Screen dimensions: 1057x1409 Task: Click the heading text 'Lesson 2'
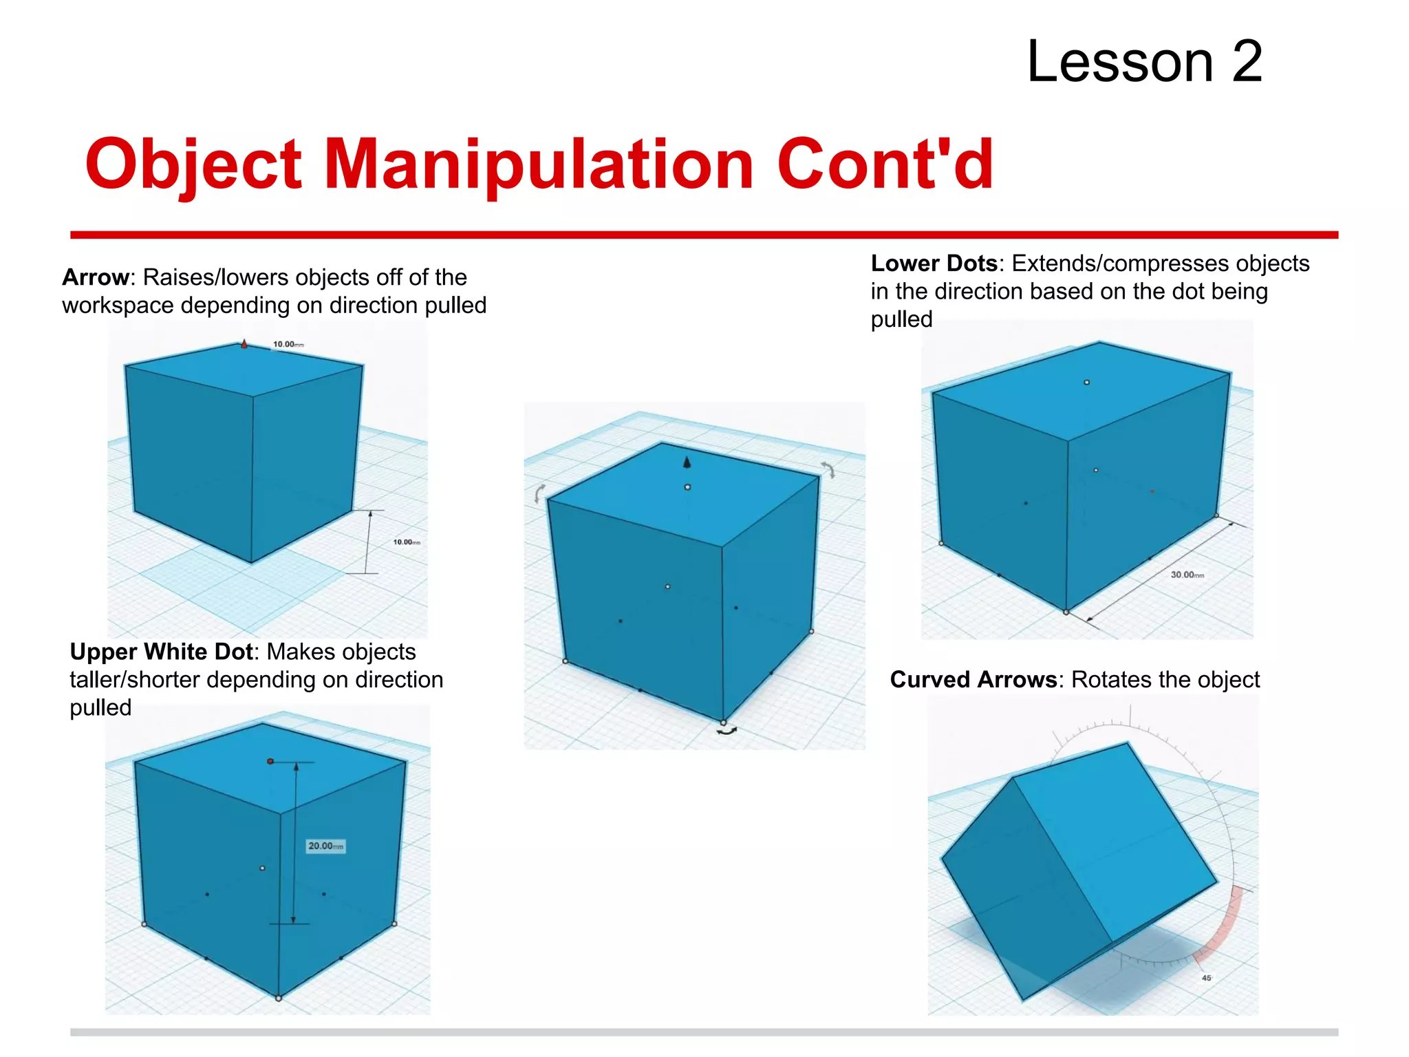point(1144,62)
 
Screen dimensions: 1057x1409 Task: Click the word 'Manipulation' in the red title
point(539,164)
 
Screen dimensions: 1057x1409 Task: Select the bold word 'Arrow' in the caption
point(95,277)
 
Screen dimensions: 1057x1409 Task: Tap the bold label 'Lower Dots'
point(934,264)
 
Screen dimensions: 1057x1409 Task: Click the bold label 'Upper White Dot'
point(162,652)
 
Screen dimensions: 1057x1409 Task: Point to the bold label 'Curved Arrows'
point(973,680)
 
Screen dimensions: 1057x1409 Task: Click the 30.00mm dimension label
point(1187,575)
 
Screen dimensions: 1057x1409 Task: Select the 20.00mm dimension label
point(325,846)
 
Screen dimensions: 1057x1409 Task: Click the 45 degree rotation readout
point(1206,978)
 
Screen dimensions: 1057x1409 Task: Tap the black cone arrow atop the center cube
point(687,462)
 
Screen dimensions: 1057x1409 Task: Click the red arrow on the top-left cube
point(244,343)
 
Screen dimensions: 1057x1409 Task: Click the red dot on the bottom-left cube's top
point(270,761)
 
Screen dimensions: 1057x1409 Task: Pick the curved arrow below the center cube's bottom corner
point(727,732)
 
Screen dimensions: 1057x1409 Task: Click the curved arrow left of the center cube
point(540,492)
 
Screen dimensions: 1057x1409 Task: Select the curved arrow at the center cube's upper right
point(828,469)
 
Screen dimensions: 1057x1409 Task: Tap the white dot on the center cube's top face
point(687,487)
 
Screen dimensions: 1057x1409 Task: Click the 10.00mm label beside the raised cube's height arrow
point(406,542)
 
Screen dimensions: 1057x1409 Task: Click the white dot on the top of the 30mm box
point(1087,382)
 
